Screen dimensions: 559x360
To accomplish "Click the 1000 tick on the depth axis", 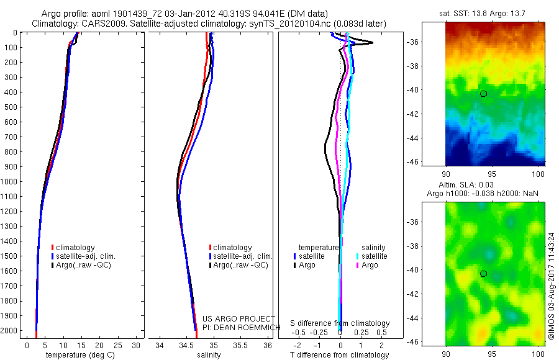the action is click(11, 181).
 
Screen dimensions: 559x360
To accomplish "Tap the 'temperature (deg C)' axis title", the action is click(80, 354).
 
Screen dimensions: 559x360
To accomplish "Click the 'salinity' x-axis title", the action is click(209, 354).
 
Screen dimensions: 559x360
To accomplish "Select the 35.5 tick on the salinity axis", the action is click(240, 345).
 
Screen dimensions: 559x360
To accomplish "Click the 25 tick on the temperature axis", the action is click(117, 345).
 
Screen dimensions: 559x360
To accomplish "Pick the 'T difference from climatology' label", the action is click(339, 354).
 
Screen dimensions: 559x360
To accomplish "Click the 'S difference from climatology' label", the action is click(340, 323).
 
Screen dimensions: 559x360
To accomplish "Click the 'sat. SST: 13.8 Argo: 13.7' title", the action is click(482, 14).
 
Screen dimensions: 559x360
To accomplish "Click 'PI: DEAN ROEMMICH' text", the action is click(242, 327).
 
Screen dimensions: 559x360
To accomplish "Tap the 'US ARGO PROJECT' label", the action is click(239, 318).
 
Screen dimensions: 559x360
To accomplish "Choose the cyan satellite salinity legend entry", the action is click(371, 256).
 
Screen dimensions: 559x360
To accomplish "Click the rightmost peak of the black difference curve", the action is click(373, 43).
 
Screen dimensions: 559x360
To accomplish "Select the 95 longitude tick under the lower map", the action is click(492, 354).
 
